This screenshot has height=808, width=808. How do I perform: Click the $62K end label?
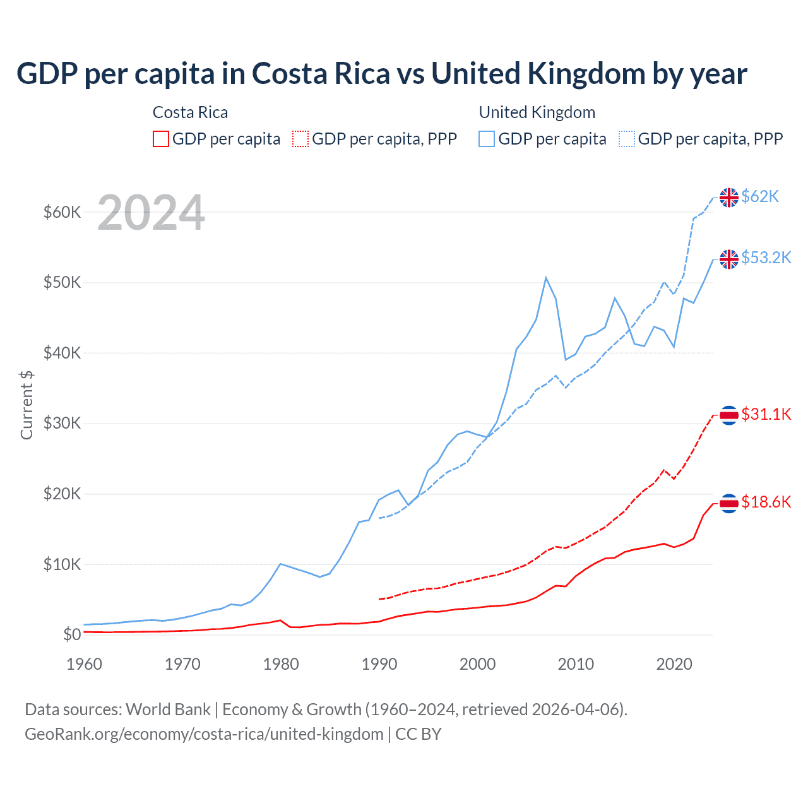click(760, 197)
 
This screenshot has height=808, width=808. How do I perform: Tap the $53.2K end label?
click(766, 258)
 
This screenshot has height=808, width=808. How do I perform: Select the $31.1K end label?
click(766, 414)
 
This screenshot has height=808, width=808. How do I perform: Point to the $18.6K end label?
click(766, 502)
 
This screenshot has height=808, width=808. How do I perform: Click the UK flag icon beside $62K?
click(729, 198)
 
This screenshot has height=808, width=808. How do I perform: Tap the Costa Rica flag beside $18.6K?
click(729, 503)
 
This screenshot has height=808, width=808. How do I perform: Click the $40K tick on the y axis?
click(62, 353)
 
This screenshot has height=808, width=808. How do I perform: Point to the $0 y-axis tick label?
click(72, 634)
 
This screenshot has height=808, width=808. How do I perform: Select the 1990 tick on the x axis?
click(379, 664)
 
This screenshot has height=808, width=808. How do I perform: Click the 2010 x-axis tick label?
click(576, 664)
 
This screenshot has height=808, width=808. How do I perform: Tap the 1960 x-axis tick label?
click(84, 664)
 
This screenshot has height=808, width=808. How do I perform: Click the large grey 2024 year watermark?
click(151, 213)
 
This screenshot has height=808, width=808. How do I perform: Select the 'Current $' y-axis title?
click(27, 405)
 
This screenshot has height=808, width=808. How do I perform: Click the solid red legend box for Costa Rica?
click(161, 139)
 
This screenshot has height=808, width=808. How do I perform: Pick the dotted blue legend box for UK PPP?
click(627, 139)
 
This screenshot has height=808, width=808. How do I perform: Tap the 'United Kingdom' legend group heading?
click(537, 112)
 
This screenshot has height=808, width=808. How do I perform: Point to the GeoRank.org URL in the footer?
click(204, 734)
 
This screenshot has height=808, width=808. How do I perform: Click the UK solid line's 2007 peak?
click(546, 278)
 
